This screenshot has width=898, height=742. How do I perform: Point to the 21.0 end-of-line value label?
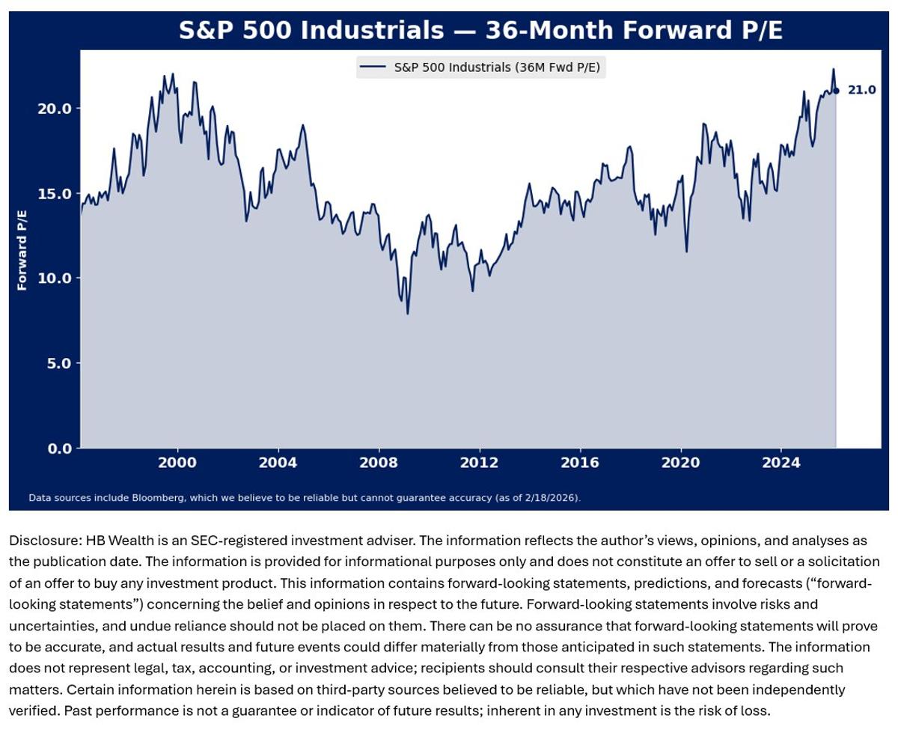pyautogui.click(x=861, y=91)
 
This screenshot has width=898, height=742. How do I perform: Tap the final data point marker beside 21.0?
pyautogui.click(x=836, y=91)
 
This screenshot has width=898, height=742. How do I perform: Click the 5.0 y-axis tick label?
pyautogui.click(x=59, y=364)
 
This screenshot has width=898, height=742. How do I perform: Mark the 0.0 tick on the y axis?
pyautogui.click(x=59, y=448)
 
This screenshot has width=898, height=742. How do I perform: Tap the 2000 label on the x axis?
pyautogui.click(x=177, y=463)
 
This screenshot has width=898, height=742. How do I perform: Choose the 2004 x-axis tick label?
pyautogui.click(x=278, y=463)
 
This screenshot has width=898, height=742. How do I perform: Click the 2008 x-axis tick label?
pyautogui.click(x=379, y=463)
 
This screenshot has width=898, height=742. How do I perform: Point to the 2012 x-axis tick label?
pyautogui.click(x=479, y=463)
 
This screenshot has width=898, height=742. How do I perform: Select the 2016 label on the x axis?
pyautogui.click(x=580, y=463)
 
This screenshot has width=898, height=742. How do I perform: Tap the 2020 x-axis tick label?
pyautogui.click(x=680, y=463)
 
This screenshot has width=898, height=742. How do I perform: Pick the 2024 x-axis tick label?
pyautogui.click(x=781, y=463)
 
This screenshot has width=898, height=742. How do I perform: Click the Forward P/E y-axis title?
pyautogui.click(x=22, y=250)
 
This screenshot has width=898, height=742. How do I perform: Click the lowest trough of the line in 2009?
pyautogui.click(x=408, y=313)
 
